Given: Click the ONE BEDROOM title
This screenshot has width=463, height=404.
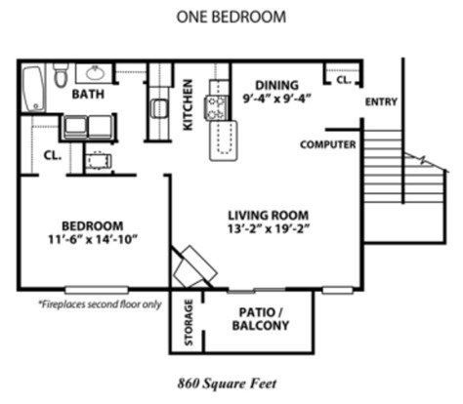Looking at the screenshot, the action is [x=231, y=17].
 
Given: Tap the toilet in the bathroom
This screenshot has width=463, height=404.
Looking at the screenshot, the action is [x=61, y=75].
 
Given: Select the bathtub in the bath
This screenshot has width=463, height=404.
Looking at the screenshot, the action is [x=33, y=89].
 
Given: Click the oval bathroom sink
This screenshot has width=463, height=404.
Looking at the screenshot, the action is [x=95, y=74].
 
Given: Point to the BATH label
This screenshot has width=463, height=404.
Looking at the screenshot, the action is [x=88, y=95].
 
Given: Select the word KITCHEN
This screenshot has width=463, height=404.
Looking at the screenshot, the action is [x=188, y=104].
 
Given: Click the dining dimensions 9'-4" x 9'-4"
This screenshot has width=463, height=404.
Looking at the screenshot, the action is [x=276, y=99].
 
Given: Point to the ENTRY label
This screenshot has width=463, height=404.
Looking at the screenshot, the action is [x=381, y=101].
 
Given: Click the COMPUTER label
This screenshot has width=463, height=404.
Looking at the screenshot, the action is [x=328, y=144].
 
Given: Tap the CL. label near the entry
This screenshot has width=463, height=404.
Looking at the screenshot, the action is [x=344, y=79].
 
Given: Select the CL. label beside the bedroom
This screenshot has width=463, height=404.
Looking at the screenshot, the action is [x=53, y=155].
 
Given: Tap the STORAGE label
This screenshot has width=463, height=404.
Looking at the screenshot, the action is [x=189, y=322].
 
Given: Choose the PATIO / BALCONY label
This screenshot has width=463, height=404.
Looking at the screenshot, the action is [x=261, y=319].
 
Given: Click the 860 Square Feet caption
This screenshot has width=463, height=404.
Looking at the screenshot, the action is [x=227, y=384].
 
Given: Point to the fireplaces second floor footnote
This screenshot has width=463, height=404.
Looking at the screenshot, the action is [x=100, y=304].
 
